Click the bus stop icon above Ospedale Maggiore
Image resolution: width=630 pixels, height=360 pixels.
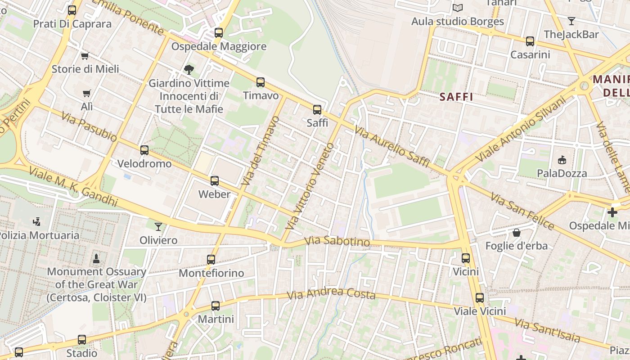point(219,32)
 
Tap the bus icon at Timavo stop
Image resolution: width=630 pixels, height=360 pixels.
point(261,82)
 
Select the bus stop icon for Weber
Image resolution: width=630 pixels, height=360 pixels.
point(215,181)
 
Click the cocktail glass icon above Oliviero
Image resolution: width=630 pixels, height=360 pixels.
point(158,226)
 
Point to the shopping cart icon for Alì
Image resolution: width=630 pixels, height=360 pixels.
point(86,93)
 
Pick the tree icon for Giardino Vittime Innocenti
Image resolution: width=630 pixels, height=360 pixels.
point(189,69)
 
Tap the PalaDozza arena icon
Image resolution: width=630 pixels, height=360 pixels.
point(562,160)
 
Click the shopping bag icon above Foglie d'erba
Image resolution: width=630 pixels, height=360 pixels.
point(517,232)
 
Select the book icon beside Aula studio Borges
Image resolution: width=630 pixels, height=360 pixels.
point(458,8)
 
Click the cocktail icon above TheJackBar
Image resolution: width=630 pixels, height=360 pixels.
point(571,21)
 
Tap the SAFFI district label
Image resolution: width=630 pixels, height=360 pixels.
point(456,96)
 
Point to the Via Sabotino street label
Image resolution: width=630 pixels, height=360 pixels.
point(337,242)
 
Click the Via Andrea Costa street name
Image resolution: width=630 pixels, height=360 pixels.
point(331,294)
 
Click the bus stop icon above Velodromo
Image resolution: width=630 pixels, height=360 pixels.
point(144,150)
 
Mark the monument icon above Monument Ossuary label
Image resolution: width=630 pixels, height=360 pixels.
point(96,258)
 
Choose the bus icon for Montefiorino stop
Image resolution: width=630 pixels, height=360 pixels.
point(211,259)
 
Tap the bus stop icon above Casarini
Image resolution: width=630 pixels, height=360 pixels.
point(530,41)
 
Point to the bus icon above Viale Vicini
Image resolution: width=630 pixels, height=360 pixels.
point(480,297)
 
